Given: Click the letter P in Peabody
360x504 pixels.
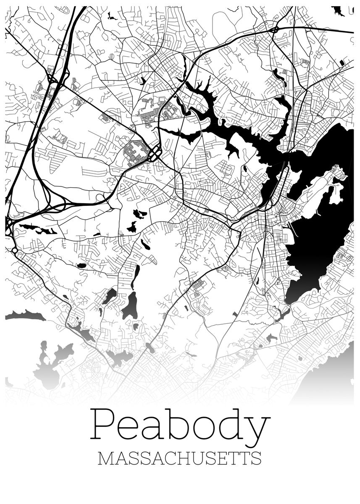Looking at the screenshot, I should click(103, 425).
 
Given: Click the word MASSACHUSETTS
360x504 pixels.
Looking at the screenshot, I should click(179, 458).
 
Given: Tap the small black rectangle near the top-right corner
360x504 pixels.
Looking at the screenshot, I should click(342, 63).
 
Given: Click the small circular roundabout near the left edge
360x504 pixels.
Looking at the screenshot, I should click(15, 251).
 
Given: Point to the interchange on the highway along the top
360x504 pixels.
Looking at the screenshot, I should click(275, 30).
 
